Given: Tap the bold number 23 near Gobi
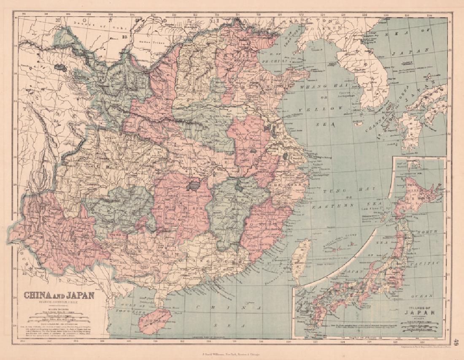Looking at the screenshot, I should coord(124,37).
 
